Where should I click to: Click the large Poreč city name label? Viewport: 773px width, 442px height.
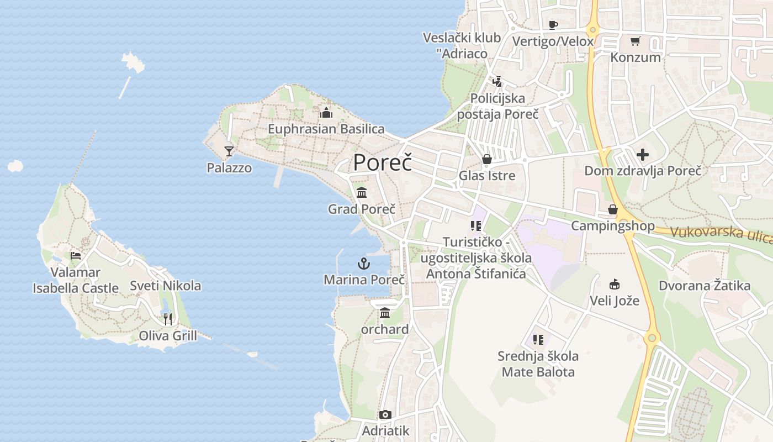coord(382,162)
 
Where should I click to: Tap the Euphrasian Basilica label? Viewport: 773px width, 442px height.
coord(326,129)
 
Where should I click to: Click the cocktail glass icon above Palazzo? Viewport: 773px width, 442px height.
coord(229,151)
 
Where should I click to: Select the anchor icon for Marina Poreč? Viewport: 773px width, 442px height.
coord(364,263)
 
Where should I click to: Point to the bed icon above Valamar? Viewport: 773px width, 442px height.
coord(76,256)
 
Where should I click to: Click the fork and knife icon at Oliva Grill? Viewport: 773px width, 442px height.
coord(168,319)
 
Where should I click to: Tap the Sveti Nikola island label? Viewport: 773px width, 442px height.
coord(165,286)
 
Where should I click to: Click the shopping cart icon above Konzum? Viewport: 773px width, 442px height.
coord(635,41)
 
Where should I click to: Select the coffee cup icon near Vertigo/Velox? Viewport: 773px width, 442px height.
coord(553,25)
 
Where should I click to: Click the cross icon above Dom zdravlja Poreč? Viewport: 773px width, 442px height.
coord(643,155)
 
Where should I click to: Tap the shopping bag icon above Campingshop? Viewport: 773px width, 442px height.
coord(612,209)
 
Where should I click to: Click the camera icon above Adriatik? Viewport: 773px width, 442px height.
coord(385,414)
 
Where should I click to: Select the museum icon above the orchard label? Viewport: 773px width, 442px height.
coord(385,313)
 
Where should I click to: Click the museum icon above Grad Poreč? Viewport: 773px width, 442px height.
coord(362,193)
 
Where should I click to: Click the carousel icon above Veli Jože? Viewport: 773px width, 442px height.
coord(614,285)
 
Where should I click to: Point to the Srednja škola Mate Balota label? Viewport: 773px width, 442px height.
coord(538,364)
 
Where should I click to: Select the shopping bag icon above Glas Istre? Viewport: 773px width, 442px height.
coord(487,160)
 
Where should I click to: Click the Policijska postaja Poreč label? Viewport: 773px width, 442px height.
coord(497,106)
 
